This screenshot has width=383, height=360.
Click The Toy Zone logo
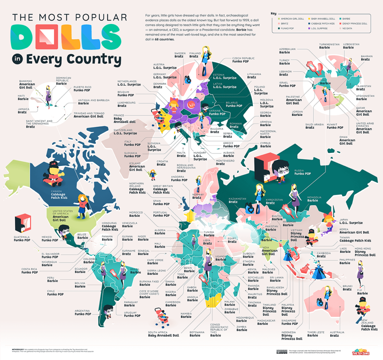(362, 351)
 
